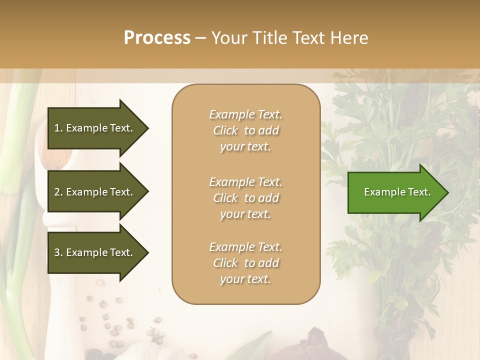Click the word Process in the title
157,38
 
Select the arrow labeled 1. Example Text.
95,128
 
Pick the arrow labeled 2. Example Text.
95,192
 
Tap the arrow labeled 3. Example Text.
95,252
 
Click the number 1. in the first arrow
58,128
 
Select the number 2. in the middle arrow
58,192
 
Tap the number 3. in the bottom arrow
58,252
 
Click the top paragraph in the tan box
245,130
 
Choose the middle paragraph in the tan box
245,197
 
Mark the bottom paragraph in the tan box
245,263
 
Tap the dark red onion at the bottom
325,345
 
